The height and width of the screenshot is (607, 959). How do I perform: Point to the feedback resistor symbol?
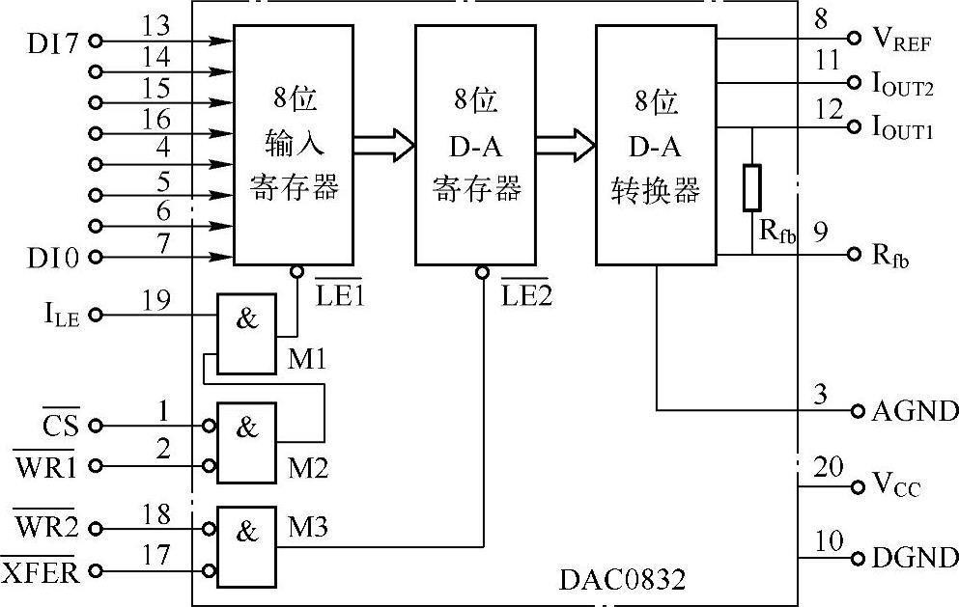click(751, 187)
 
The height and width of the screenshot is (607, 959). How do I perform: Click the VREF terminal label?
click(900, 40)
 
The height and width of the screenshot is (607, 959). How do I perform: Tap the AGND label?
click(914, 411)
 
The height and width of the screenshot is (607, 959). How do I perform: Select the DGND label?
click(914, 558)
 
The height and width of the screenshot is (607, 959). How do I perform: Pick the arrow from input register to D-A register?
click(382, 145)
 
